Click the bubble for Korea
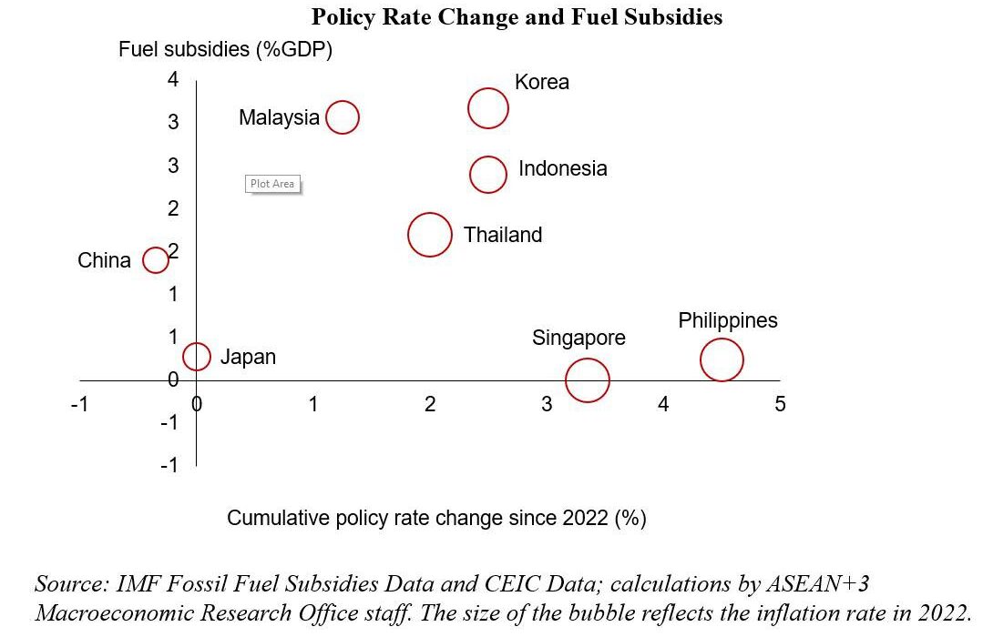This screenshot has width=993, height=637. (487, 109)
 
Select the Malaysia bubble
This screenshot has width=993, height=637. (343, 117)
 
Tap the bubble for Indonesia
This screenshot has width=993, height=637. (488, 175)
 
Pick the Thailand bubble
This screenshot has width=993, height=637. (429, 235)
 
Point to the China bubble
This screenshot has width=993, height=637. (156, 260)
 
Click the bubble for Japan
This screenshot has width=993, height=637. (197, 357)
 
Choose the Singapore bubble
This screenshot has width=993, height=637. (587, 379)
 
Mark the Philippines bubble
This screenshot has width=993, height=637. (722, 359)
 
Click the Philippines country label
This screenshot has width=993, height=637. (728, 321)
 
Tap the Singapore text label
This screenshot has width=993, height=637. (578, 339)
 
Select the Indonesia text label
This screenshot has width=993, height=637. (562, 169)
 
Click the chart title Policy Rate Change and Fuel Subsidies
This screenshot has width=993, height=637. (517, 17)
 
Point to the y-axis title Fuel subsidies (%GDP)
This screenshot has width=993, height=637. (225, 49)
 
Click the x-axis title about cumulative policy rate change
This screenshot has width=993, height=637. (436, 519)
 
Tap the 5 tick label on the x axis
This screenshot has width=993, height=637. (780, 404)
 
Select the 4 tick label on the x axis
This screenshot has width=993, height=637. (663, 404)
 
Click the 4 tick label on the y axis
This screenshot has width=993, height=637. (173, 79)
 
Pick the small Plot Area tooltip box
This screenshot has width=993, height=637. (272, 184)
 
